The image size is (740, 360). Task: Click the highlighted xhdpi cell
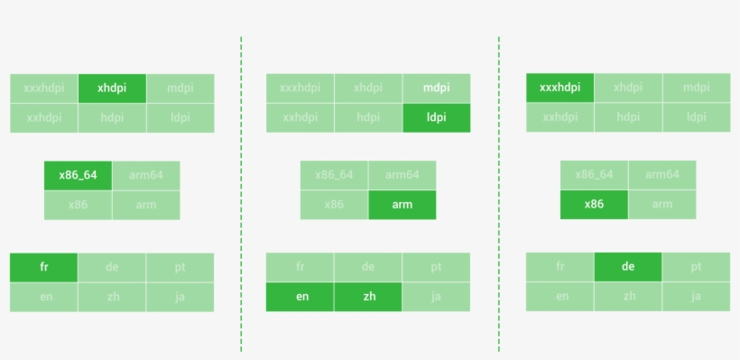pyautogui.click(x=112, y=88)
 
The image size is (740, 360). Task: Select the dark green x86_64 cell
pyautogui.click(x=78, y=175)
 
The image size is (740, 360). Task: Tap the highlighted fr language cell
pyautogui.click(x=43, y=267)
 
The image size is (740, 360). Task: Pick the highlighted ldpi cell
pyautogui.click(x=436, y=117)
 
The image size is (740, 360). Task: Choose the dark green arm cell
pyautogui.click(x=402, y=205)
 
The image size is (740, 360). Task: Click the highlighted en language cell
pyautogui.click(x=300, y=297)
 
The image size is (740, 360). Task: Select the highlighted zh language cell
pyautogui.click(x=367, y=297)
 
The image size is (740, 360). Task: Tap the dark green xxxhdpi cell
pyautogui.click(x=560, y=88)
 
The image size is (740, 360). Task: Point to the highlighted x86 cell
pyautogui.click(x=594, y=204)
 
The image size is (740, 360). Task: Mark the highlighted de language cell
pyautogui.click(x=628, y=267)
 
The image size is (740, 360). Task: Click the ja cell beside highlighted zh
pyautogui.click(x=436, y=297)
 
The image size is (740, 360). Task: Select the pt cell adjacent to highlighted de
pyautogui.click(x=696, y=267)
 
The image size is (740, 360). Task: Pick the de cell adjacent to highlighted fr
pyautogui.click(x=112, y=267)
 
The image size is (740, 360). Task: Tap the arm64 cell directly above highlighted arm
pyautogui.click(x=402, y=175)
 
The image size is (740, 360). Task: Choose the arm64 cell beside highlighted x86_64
pyautogui.click(x=145, y=175)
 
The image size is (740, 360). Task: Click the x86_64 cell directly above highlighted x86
pyautogui.click(x=594, y=175)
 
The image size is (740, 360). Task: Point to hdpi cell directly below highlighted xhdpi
pyautogui.click(x=112, y=117)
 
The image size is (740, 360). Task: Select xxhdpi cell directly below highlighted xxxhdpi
pyautogui.click(x=560, y=117)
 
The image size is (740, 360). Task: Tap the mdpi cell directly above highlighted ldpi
pyautogui.click(x=436, y=88)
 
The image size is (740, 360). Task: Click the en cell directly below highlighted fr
pyautogui.click(x=43, y=297)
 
